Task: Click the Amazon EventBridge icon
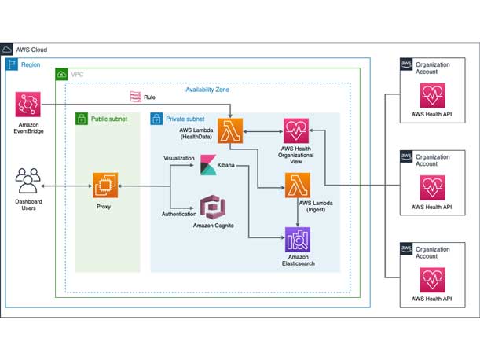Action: click(x=30, y=105)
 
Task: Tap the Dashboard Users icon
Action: click(x=28, y=186)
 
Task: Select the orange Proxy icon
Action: click(x=105, y=186)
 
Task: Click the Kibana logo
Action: click(x=208, y=165)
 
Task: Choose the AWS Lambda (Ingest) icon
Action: click(x=298, y=186)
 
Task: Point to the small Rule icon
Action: click(x=135, y=97)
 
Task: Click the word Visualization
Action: click(x=178, y=158)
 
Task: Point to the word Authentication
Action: click(x=178, y=213)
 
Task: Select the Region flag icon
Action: click(x=12, y=64)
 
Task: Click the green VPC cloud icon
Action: click(x=61, y=75)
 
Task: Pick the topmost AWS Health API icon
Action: click(x=432, y=97)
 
